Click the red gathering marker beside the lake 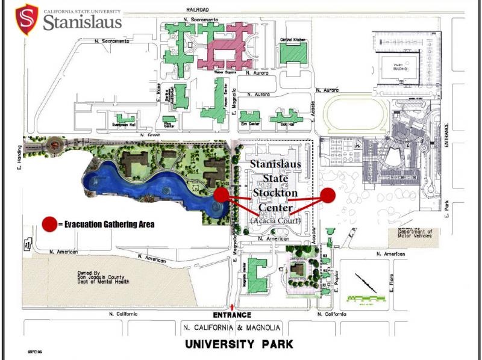click(x=221, y=194)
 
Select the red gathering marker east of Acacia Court click(x=328, y=195)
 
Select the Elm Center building click(x=249, y=115)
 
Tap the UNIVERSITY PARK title click(x=239, y=345)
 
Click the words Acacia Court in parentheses click(x=275, y=221)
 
